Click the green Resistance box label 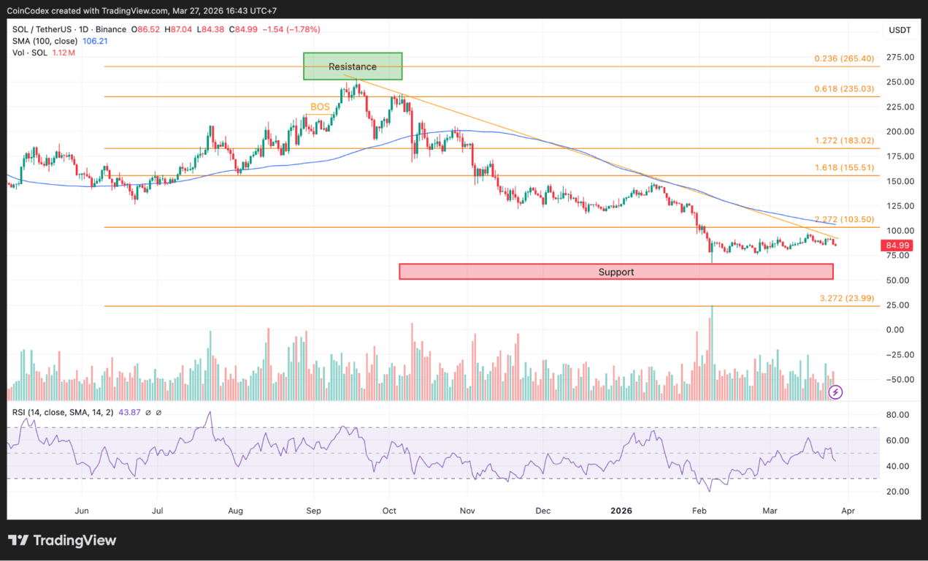[353, 66]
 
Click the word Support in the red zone [616, 272]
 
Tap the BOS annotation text [320, 107]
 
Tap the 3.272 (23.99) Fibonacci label [848, 298]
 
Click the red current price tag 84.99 [897, 245]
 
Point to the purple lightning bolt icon [836, 392]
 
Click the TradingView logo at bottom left [63, 541]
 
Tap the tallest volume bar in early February [712, 351]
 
